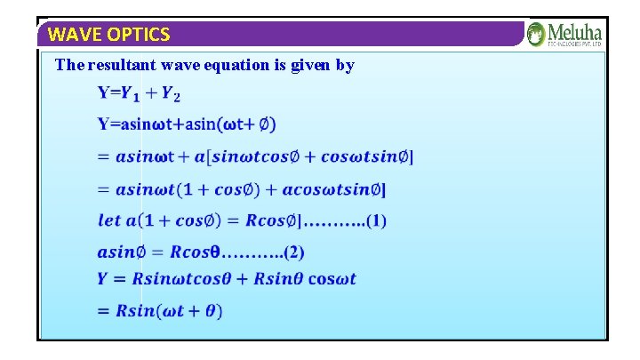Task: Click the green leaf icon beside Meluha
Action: click(536, 35)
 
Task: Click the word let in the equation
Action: click(108, 220)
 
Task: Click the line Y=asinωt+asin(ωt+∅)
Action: click(180, 124)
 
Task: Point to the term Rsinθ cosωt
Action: click(305, 279)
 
